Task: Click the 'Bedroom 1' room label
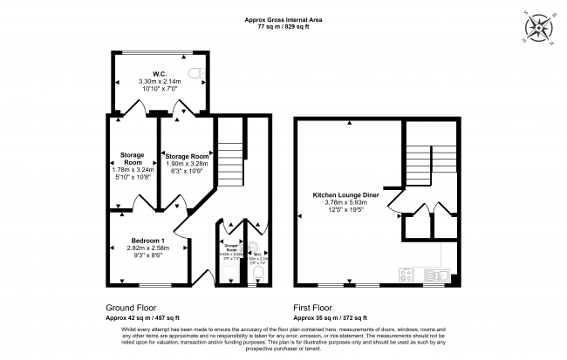147,240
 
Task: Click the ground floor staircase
228,161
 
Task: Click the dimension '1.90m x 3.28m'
187,163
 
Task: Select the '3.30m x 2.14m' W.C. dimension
158,81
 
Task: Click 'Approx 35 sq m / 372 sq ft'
331,317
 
